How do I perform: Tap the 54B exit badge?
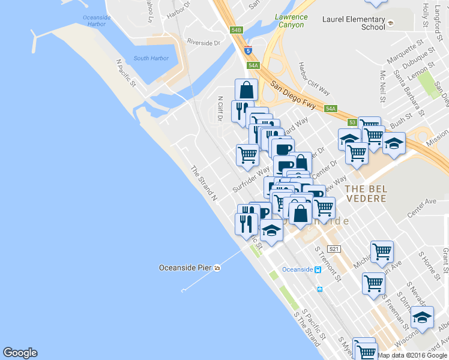(x=236, y=29)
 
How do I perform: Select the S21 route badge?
(x=334, y=249)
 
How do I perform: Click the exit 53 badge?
(x=352, y=122)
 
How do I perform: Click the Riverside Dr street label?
(x=203, y=42)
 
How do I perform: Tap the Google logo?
(x=20, y=353)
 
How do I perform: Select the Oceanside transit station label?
(x=298, y=269)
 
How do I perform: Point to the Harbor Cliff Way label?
(x=314, y=79)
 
